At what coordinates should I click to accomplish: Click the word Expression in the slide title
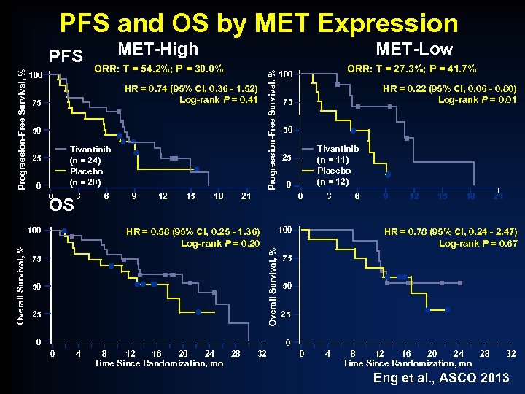(x=386, y=23)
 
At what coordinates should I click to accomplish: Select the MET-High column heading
(x=157, y=49)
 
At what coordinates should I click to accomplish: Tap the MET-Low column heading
(x=413, y=49)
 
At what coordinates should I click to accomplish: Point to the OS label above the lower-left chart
(x=63, y=205)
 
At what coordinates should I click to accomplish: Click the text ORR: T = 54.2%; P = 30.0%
(x=159, y=69)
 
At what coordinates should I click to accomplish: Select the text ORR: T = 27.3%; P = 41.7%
(x=412, y=69)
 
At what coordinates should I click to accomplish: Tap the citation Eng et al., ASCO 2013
(x=441, y=378)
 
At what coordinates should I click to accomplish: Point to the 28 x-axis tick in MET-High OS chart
(x=235, y=354)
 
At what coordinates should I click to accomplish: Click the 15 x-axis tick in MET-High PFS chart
(x=190, y=196)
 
